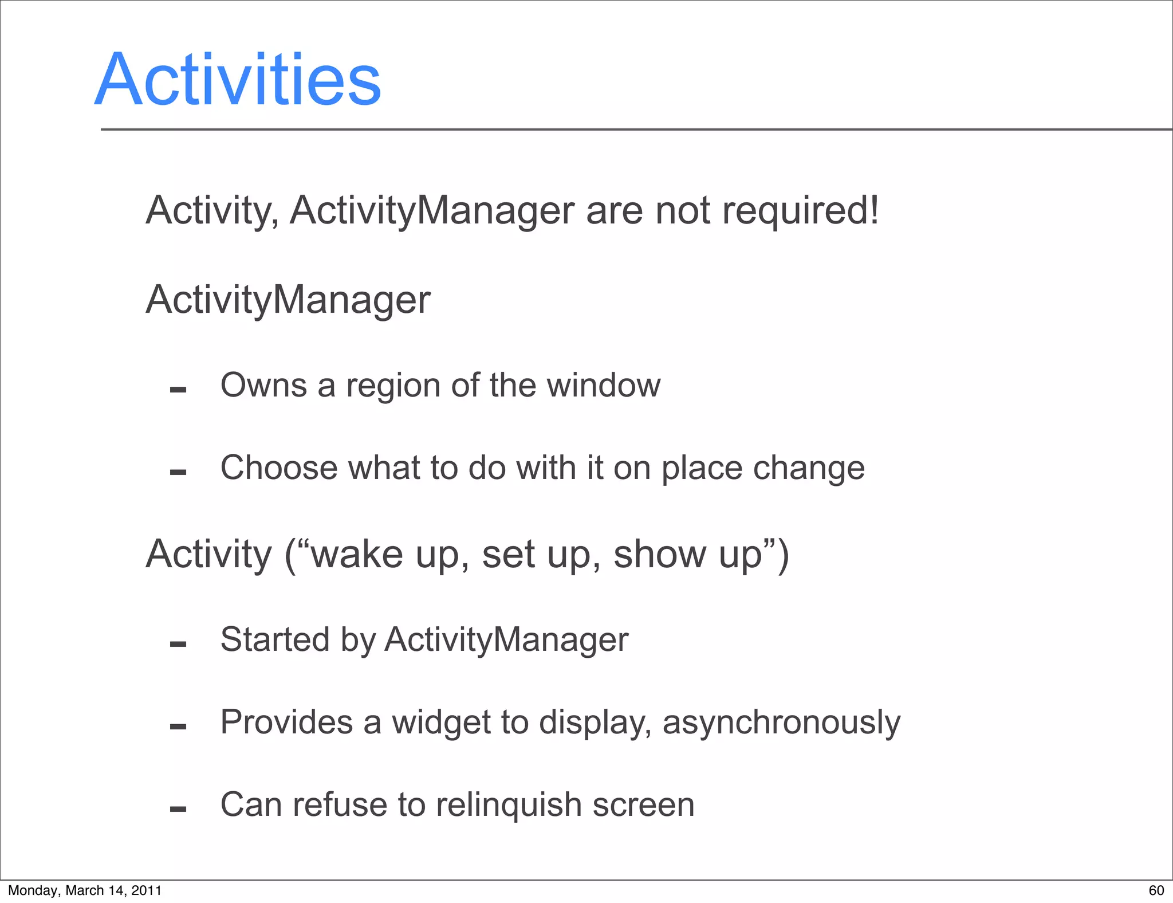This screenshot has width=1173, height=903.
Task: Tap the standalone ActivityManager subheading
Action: tap(288, 300)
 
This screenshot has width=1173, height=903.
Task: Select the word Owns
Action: tap(263, 385)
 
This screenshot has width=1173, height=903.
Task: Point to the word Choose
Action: tap(279, 468)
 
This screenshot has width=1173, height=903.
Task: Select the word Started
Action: tap(274, 639)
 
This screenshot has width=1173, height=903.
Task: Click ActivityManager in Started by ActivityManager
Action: tap(506, 640)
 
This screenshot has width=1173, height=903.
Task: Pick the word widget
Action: tap(441, 722)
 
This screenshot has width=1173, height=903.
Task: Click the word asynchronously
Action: tap(781, 722)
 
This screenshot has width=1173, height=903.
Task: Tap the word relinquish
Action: tap(508, 804)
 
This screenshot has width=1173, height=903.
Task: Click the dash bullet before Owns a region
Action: tap(178, 390)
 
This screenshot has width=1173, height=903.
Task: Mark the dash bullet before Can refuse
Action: tap(178, 810)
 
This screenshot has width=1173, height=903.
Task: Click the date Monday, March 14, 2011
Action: tap(85, 890)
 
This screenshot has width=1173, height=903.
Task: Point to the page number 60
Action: tap(1156, 890)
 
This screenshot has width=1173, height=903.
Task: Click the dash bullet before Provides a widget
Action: tap(178, 727)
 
